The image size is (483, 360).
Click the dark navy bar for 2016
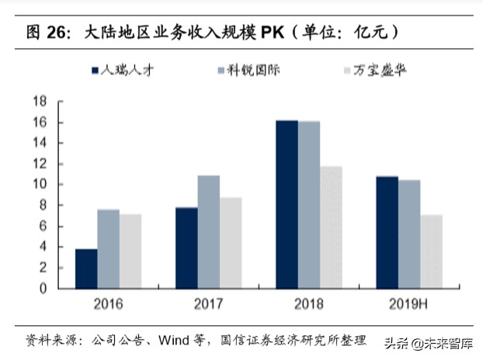pos(86,268)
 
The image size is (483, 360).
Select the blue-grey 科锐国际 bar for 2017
pos(209,232)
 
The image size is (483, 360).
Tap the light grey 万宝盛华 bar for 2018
pos(331,227)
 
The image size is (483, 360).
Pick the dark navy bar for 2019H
pos(387,233)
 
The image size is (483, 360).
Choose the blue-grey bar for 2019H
pos(409,234)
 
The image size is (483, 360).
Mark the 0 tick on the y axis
pos(44,289)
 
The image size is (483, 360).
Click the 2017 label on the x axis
pos(209,303)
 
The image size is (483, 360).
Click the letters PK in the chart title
pos(273,33)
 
